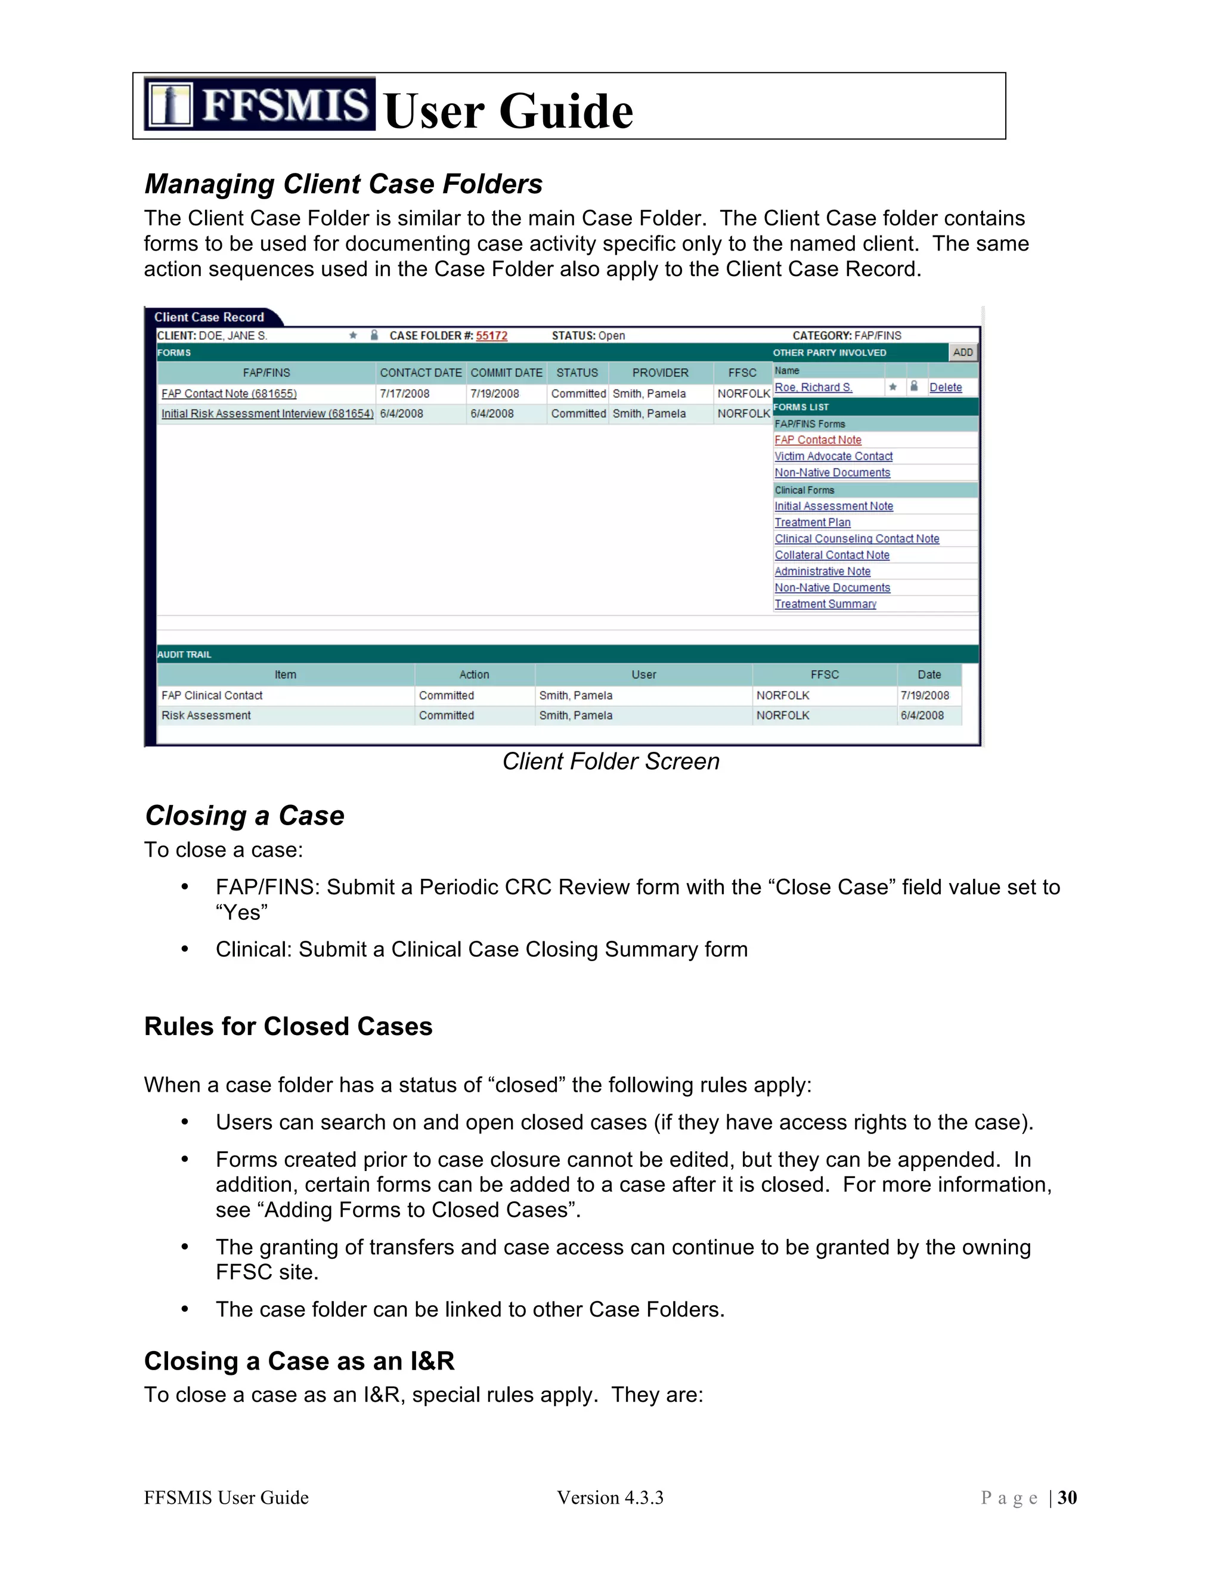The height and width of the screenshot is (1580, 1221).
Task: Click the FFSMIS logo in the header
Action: [x=259, y=104]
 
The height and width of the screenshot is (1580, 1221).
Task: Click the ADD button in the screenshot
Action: [x=962, y=352]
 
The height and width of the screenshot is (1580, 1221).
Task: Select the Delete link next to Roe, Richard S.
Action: [x=945, y=388]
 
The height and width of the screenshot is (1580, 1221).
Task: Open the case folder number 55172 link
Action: [x=491, y=336]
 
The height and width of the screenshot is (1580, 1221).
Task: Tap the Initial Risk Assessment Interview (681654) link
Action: [x=267, y=414]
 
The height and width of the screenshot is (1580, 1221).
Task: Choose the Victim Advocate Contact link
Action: [x=833, y=457]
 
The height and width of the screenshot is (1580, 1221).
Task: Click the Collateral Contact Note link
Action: [x=832, y=555]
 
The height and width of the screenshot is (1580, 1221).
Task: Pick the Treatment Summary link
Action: [x=825, y=604]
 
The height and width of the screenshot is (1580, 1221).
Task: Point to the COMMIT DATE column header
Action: [x=506, y=373]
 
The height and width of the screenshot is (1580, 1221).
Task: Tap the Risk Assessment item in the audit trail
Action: [x=206, y=715]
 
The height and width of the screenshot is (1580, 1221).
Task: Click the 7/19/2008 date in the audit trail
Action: [x=925, y=695]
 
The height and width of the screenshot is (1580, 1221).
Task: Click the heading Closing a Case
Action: [x=244, y=815]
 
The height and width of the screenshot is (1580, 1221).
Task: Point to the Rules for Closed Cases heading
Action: [x=288, y=1027]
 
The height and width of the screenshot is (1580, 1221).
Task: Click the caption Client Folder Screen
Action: [x=610, y=761]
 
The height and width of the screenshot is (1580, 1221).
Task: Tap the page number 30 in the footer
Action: [x=1067, y=1498]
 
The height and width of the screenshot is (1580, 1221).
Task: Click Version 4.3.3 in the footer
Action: [x=610, y=1498]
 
